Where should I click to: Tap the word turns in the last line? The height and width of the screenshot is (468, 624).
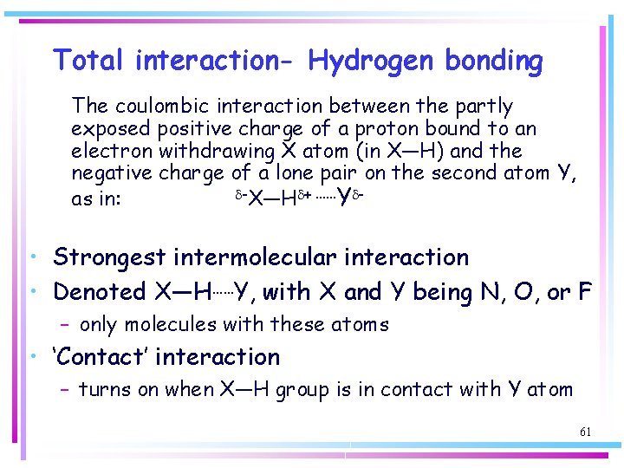103,390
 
